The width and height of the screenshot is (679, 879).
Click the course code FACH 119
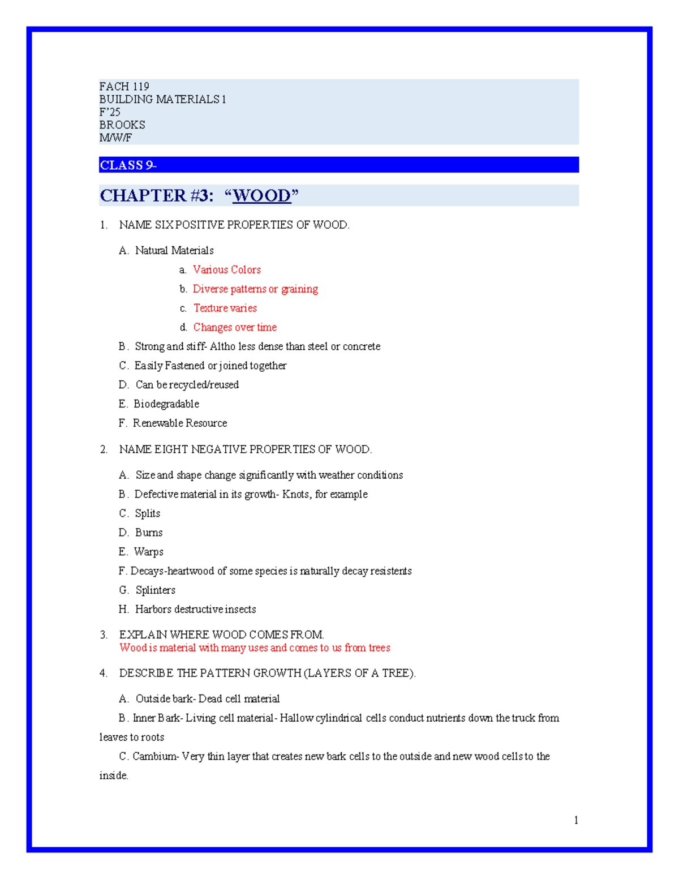tap(124, 87)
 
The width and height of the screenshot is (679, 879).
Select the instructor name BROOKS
tap(122, 125)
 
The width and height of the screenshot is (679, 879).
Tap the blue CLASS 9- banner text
tap(128, 165)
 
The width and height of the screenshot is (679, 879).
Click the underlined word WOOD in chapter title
tap(261, 196)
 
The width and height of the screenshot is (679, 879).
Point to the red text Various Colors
tap(226, 270)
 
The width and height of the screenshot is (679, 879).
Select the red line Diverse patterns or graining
tap(255, 289)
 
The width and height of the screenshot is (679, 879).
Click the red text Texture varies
tap(225, 308)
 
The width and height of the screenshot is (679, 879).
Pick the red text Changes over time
tap(235, 328)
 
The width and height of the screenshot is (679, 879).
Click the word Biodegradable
tap(166, 404)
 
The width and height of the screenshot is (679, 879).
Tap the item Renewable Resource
tap(179, 423)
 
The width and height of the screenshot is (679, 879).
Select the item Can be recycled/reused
tap(187, 385)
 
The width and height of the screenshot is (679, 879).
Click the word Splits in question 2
tap(147, 514)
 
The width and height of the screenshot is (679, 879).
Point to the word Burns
tap(149, 533)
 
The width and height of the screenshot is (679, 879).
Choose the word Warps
tap(148, 552)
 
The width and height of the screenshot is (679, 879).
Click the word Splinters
tap(155, 590)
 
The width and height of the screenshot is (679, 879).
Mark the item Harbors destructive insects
tap(195, 610)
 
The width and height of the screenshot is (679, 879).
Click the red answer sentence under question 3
tap(255, 648)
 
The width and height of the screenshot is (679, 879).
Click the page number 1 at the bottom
tap(576, 820)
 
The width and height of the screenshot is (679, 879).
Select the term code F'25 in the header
tap(110, 112)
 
